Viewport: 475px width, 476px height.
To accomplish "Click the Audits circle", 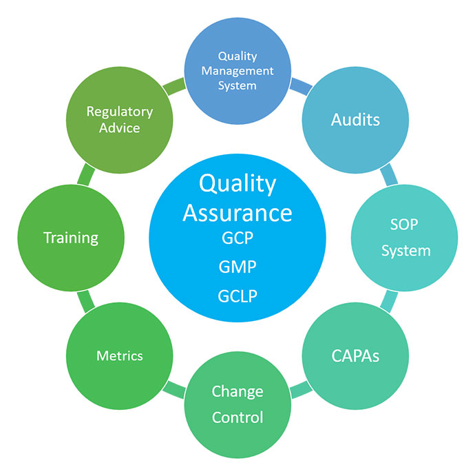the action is (x=355, y=120).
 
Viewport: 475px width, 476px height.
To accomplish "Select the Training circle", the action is (x=71, y=238).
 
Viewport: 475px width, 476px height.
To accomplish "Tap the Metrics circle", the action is (x=120, y=355).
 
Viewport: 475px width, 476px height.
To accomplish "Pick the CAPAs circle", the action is (x=355, y=355).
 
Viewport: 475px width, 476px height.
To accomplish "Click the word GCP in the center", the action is (x=237, y=238).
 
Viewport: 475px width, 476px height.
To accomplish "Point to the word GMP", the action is (x=237, y=267).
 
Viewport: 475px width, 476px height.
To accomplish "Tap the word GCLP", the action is (x=237, y=296).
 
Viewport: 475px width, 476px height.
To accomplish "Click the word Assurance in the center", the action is (x=237, y=213).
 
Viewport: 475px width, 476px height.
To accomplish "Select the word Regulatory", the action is (x=120, y=112).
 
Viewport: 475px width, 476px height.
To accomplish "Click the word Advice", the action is (x=120, y=128).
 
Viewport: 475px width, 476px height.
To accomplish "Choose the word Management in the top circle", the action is (x=237, y=71).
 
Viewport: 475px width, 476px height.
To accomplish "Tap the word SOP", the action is (x=404, y=225).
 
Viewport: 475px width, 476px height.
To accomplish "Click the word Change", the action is (x=237, y=391).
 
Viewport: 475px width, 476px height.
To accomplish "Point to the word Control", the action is (x=237, y=417).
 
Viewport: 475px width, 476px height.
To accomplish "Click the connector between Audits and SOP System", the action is (x=389, y=174).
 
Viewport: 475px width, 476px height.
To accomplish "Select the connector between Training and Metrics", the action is (x=86, y=302).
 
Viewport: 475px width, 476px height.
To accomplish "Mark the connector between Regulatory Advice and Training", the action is (x=86, y=174).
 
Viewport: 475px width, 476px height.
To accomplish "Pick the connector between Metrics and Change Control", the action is (x=173, y=390).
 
